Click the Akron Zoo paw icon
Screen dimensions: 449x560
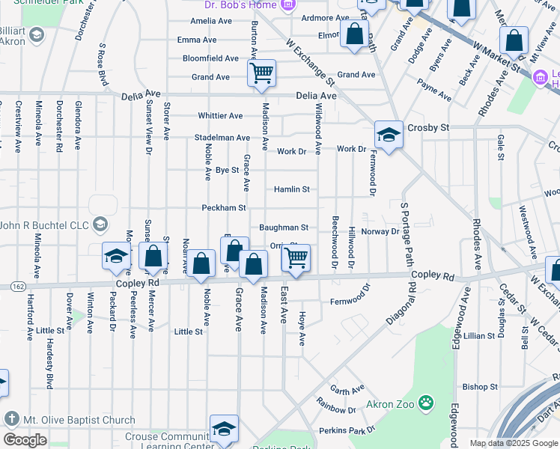[425, 405]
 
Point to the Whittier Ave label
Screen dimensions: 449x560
[220, 116]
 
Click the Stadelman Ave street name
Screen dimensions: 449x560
[222, 138]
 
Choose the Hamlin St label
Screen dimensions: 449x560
[291, 190]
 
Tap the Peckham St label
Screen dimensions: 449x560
[223, 207]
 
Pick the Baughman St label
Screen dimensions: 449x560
[284, 227]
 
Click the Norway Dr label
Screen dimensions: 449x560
[380, 232]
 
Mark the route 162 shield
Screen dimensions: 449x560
[17, 286]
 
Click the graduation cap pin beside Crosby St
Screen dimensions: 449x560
[389, 135]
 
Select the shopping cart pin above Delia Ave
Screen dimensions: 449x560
[262, 73]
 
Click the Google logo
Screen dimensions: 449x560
[25, 440]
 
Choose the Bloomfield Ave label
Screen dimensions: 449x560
[210, 58]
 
